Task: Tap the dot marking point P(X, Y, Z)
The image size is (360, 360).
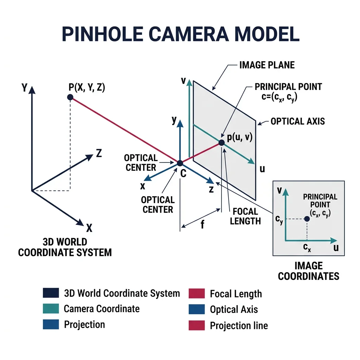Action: point(70,97)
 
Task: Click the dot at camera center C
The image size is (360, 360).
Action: point(180,163)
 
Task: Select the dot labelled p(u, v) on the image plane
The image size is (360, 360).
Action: point(221,142)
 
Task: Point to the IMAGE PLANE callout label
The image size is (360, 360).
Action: point(267,65)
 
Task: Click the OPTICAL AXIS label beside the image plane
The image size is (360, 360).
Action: point(298,122)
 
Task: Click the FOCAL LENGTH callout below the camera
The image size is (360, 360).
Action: point(245,216)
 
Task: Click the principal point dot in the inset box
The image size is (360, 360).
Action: point(307,219)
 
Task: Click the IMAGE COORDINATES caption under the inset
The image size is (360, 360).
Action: point(309,271)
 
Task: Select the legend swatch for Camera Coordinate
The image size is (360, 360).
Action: point(51,309)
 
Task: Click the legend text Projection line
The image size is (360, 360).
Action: point(239,326)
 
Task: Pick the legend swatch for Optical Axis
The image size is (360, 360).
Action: point(197,309)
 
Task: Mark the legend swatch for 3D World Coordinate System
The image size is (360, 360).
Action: point(51,293)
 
